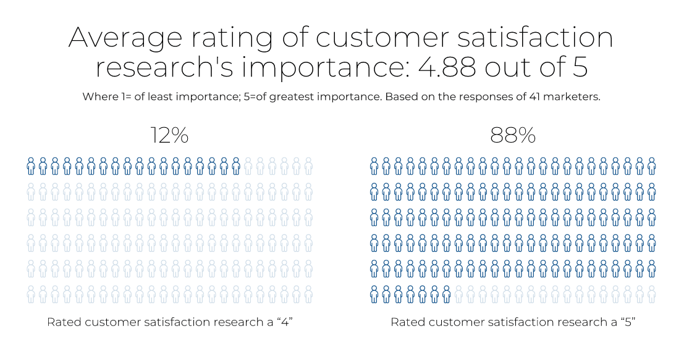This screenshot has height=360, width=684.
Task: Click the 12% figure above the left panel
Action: [x=169, y=135]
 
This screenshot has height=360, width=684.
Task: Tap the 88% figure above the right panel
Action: [x=512, y=135]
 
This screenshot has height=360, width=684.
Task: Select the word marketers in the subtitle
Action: [x=572, y=98]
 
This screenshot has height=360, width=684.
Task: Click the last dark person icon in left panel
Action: [x=236, y=165]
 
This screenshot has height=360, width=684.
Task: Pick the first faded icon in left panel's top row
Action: [x=248, y=165]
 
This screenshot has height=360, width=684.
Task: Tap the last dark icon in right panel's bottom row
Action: [x=446, y=295]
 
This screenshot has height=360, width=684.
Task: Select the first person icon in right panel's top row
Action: [x=374, y=165]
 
